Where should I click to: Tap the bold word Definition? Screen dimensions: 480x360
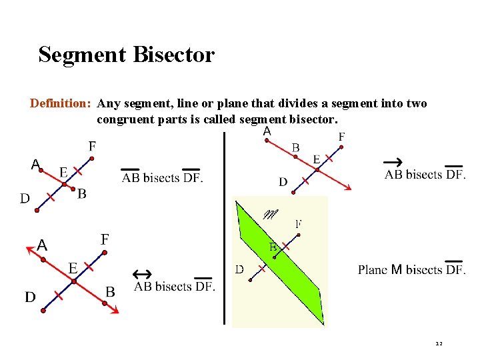60,103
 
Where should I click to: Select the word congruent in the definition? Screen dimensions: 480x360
123,120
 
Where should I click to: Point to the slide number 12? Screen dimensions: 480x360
438,344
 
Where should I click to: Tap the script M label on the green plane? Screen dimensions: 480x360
271,215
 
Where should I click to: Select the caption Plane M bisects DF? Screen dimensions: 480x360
411,270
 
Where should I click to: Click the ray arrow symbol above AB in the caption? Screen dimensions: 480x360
393,163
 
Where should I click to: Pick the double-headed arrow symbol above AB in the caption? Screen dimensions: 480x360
142,274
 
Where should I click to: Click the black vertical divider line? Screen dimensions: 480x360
224,227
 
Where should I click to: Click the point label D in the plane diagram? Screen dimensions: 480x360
239,270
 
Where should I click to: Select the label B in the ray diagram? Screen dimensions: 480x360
295,147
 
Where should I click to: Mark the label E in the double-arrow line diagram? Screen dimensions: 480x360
73,268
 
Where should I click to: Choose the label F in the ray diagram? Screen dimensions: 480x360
342,137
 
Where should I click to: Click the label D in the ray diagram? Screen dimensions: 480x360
283,182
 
